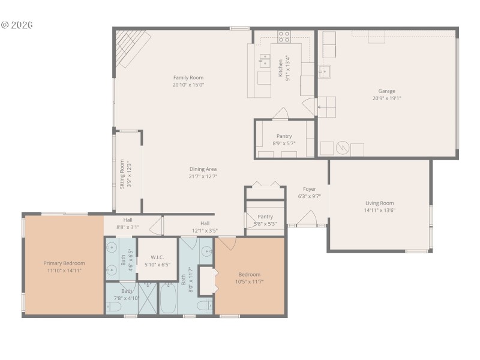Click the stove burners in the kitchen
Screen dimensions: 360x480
tap(284, 36)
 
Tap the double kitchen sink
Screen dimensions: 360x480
tap(265, 59)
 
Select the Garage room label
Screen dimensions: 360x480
tap(386, 91)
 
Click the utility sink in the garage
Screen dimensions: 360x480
tap(325, 72)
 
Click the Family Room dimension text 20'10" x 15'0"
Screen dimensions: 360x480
tap(188, 85)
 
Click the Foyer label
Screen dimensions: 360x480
tap(309, 189)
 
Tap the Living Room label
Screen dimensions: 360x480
tap(379, 203)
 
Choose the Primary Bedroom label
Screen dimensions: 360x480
tap(64, 263)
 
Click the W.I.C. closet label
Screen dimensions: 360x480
tap(158, 257)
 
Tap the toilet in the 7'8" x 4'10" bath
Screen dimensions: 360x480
tap(115, 307)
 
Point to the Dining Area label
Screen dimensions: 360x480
tap(203, 169)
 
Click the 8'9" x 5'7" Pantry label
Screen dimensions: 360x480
tap(284, 136)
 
